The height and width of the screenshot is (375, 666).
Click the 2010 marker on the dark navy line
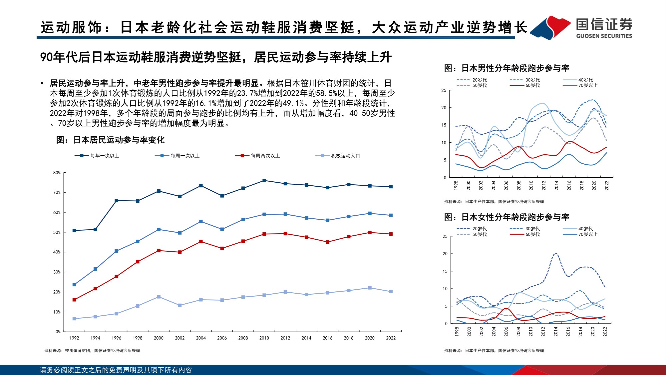[264, 180]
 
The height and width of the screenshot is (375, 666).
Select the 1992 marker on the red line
[74, 300]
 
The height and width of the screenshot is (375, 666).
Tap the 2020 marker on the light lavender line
[370, 288]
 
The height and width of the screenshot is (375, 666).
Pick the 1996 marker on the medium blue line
[117, 251]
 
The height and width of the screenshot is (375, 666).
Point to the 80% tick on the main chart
[57, 173]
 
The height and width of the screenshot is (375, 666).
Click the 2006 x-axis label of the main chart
[222, 338]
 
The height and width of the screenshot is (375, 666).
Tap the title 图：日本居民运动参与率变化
[111, 140]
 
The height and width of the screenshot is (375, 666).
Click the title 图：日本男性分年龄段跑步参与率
[506, 68]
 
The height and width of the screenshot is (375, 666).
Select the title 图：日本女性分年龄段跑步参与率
[506, 217]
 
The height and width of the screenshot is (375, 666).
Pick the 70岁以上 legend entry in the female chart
[588, 234]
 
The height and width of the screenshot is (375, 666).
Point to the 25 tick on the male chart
[444, 90]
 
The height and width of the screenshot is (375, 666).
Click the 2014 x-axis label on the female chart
[556, 331]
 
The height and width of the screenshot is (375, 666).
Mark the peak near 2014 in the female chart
[555, 253]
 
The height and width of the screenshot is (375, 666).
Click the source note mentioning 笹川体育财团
[92, 351]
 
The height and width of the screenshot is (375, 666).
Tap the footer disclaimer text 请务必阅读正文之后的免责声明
[116, 370]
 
